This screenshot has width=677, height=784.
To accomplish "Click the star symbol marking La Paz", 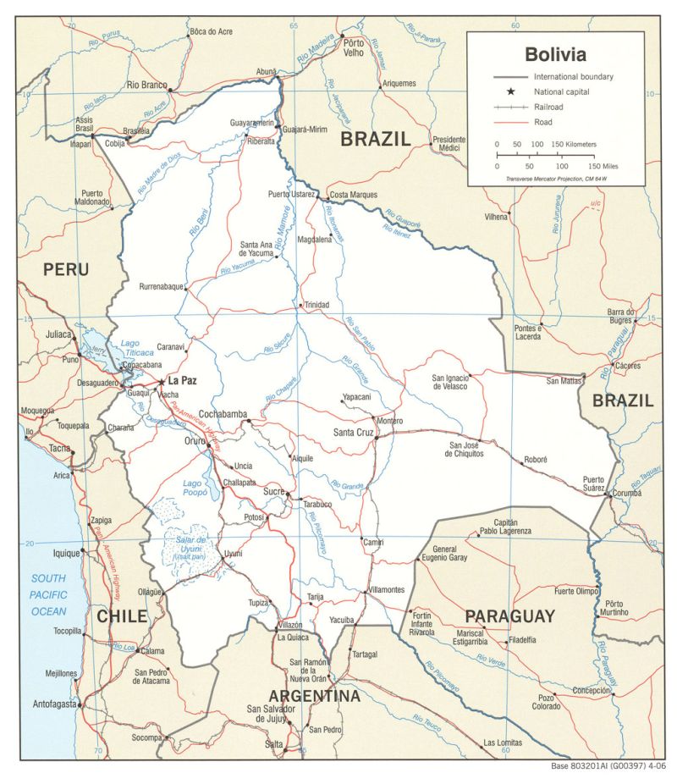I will pos(161,382).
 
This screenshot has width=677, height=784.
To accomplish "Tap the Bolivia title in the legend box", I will pos(554,55).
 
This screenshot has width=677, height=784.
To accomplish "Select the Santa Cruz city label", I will pos(353,433).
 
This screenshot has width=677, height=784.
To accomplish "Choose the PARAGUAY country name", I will pos(509,616).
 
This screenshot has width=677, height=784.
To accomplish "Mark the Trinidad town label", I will pos(317,305).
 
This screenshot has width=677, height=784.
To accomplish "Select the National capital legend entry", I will pos(561,91).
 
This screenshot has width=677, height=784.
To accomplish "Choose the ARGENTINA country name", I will pos(314,696).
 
